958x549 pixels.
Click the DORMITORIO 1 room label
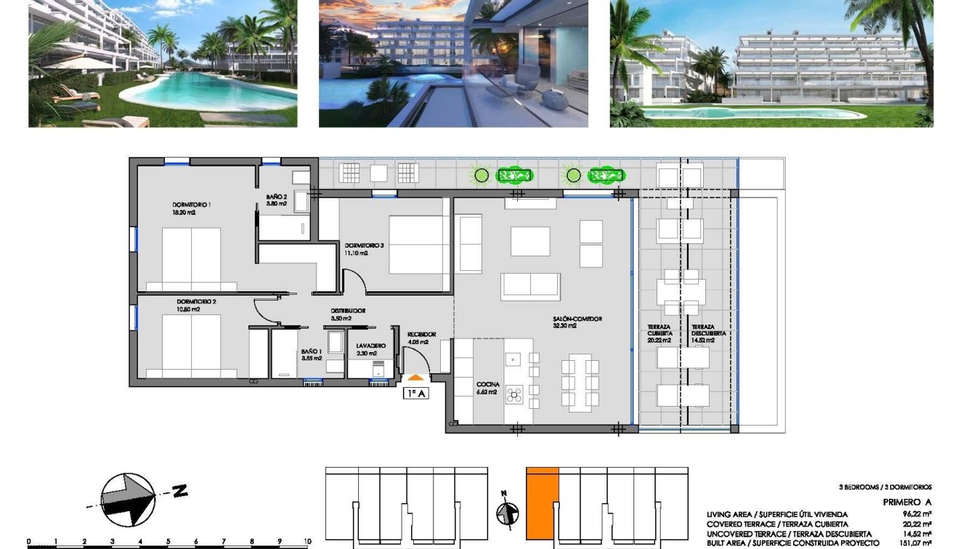[192, 205]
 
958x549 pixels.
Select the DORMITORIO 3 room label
[364, 245]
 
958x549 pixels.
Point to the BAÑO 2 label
[276, 197]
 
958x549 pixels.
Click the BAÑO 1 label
[311, 352]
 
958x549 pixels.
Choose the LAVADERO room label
[370, 346]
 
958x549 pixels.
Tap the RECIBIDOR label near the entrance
[421, 335]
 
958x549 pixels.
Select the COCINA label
[487, 385]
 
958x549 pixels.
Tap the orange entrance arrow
[415, 377]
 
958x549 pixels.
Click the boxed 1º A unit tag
[415, 393]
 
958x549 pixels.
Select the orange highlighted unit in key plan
[542, 508]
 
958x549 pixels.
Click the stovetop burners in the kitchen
[514, 394]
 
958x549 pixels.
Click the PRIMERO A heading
[906, 502]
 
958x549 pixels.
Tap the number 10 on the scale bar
[307, 541]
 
